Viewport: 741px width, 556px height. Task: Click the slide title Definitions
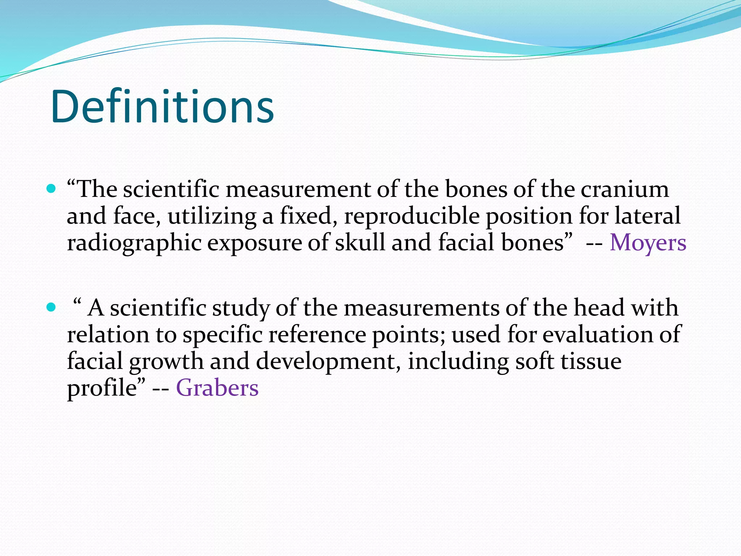(x=162, y=107)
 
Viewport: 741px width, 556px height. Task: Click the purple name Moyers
(x=648, y=243)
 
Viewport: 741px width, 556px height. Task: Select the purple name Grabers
(x=217, y=388)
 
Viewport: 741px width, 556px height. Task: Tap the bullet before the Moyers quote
(x=51, y=189)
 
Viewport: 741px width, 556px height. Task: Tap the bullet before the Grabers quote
(x=51, y=307)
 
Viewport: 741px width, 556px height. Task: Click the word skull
(x=360, y=243)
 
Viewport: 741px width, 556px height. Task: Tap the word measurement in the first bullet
(x=298, y=190)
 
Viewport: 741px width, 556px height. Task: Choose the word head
(x=599, y=308)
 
